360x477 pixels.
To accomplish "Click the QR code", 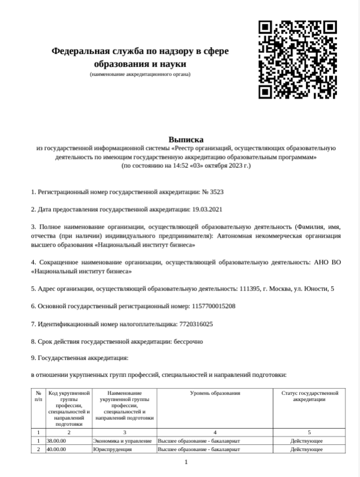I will click(x=297, y=60).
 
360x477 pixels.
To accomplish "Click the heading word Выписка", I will click(x=186, y=139).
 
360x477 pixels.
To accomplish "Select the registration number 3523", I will click(x=217, y=191).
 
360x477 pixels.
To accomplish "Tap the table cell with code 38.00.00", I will click(x=57, y=440).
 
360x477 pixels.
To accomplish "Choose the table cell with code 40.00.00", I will click(x=57, y=449).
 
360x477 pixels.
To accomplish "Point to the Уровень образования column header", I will click(x=215, y=393).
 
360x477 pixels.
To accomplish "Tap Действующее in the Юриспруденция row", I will click(x=306, y=449).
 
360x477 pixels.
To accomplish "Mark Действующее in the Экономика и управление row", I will click(x=306, y=440).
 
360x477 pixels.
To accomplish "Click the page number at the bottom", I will click(x=186, y=462).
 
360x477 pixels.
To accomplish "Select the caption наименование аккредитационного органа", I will click(x=140, y=74).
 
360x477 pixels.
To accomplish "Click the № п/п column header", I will click(x=38, y=396).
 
